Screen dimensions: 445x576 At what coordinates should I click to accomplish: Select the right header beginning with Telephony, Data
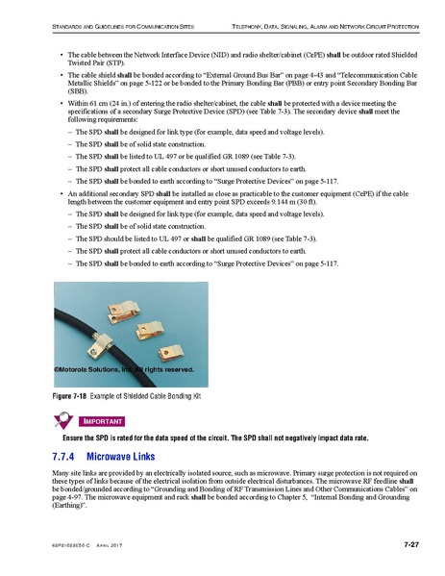click(x=323, y=20)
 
